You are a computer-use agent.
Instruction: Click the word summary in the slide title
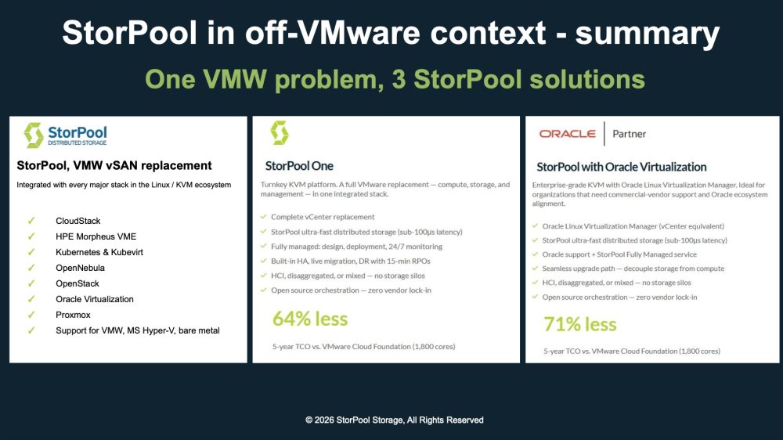pyautogui.click(x=648, y=34)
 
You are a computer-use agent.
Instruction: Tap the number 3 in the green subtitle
pyautogui.click(x=399, y=79)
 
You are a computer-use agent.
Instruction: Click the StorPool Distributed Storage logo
pyautogui.click(x=66, y=135)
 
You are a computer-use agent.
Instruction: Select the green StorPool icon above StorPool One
pyautogui.click(x=280, y=133)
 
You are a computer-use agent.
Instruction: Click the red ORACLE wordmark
pyautogui.click(x=567, y=134)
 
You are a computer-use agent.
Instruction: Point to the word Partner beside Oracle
pyautogui.click(x=630, y=134)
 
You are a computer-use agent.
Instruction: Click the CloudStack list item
pyautogui.click(x=78, y=221)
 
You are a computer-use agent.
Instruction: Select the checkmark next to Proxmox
pyautogui.click(x=31, y=315)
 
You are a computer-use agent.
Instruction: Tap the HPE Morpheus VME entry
pyautogui.click(x=96, y=236)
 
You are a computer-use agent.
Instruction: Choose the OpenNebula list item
pyautogui.click(x=81, y=268)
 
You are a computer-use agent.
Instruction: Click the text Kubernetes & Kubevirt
pyautogui.click(x=99, y=252)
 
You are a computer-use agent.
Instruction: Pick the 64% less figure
pyautogui.click(x=310, y=319)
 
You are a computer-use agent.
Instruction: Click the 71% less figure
pyautogui.click(x=579, y=324)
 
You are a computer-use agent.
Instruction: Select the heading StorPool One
pyautogui.click(x=299, y=166)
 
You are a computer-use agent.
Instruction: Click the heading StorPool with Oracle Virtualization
pyautogui.click(x=622, y=167)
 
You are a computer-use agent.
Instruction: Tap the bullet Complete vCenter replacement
pyautogui.click(x=323, y=217)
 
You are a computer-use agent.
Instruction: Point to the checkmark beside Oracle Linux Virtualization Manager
pyautogui.click(x=536, y=225)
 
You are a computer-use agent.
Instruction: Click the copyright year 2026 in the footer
pyautogui.click(x=325, y=420)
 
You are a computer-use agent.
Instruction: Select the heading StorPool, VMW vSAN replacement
pyautogui.click(x=114, y=166)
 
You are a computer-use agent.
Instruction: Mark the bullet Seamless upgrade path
pyautogui.click(x=633, y=269)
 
